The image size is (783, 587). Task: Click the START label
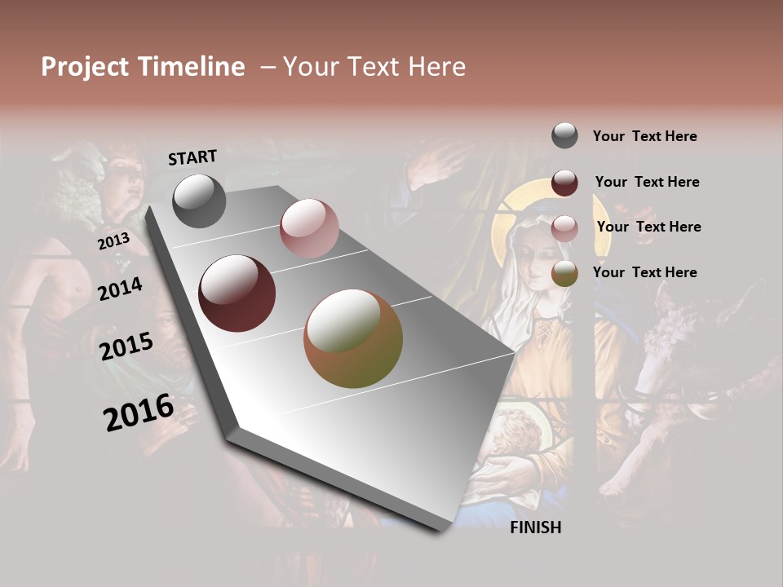tap(192, 157)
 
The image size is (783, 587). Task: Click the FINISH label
tap(535, 527)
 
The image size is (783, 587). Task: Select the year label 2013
tap(113, 241)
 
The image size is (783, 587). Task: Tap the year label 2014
tap(120, 289)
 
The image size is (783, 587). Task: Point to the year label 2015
tap(126, 346)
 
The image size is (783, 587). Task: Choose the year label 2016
tap(139, 412)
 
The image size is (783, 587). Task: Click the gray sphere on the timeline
tap(199, 201)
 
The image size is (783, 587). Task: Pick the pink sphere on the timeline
tap(308, 228)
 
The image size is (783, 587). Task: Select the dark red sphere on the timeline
tap(237, 293)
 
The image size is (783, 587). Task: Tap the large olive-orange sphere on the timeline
tap(353, 338)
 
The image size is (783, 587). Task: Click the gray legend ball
tap(564, 135)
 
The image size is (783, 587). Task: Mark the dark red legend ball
tap(564, 182)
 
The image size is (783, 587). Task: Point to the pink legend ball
tap(564, 227)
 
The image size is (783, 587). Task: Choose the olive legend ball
tap(564, 273)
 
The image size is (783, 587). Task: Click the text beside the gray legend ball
tap(644, 136)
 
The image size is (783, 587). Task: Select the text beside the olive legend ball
tap(644, 272)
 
